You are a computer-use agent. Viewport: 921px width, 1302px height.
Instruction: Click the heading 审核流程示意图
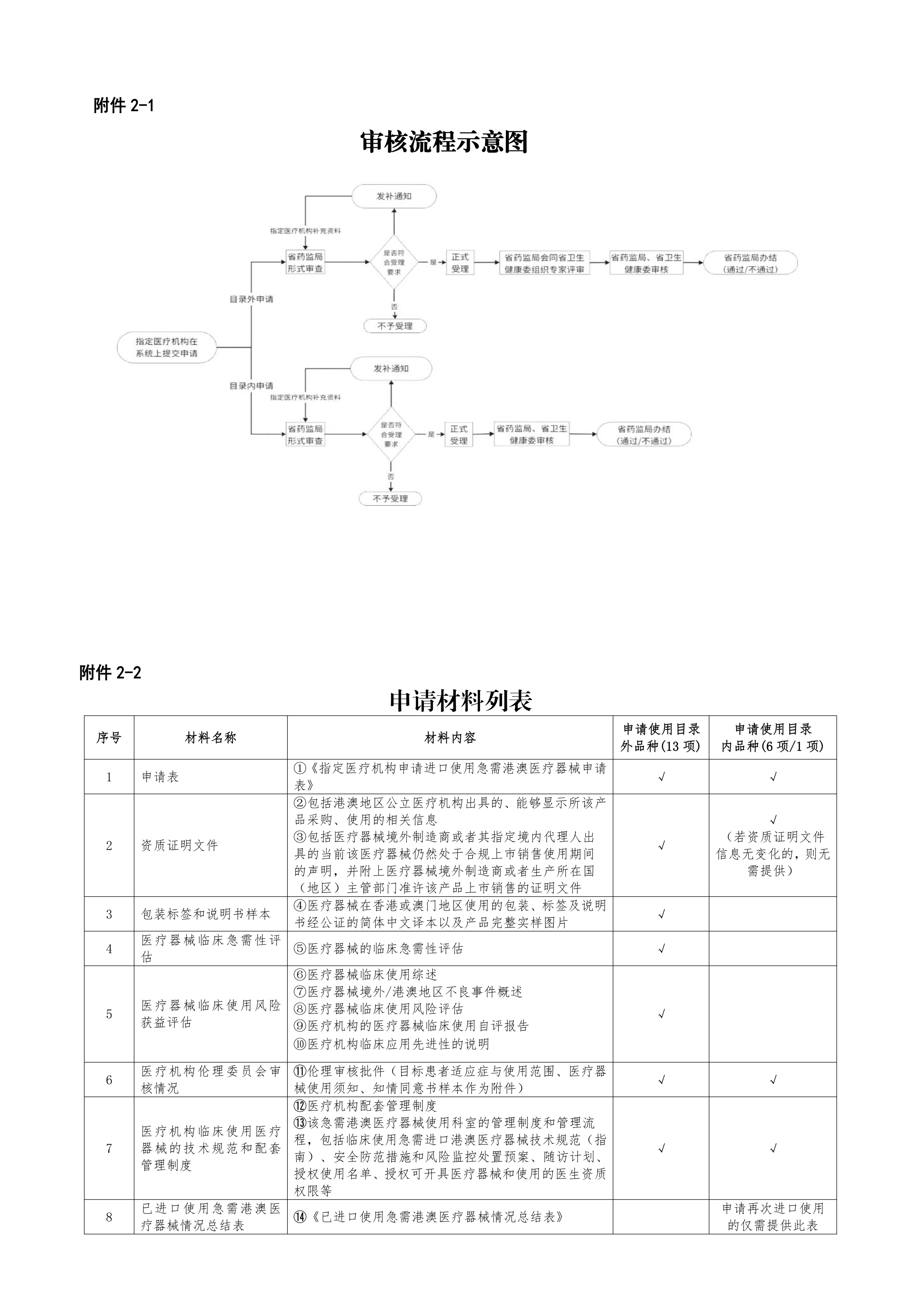pos(444,142)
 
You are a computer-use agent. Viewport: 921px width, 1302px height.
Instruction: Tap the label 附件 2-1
pos(124,105)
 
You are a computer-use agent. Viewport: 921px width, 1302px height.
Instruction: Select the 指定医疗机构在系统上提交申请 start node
pos(167,348)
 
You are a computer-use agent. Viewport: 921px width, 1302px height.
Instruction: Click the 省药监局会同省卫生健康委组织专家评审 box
pos(544,263)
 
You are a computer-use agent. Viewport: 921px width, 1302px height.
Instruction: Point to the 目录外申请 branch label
pos(251,299)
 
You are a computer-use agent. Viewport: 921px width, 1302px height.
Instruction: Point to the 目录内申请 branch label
pos(251,386)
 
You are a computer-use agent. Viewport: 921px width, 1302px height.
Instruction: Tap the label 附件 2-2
pos(110,673)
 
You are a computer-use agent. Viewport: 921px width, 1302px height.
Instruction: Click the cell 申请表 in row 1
pos(160,777)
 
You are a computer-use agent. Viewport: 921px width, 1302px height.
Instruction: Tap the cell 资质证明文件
pos(179,845)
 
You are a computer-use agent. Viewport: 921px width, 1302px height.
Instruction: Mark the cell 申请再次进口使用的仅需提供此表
pos(772,1217)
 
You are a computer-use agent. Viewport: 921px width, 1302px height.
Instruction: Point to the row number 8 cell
pos(109,1217)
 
